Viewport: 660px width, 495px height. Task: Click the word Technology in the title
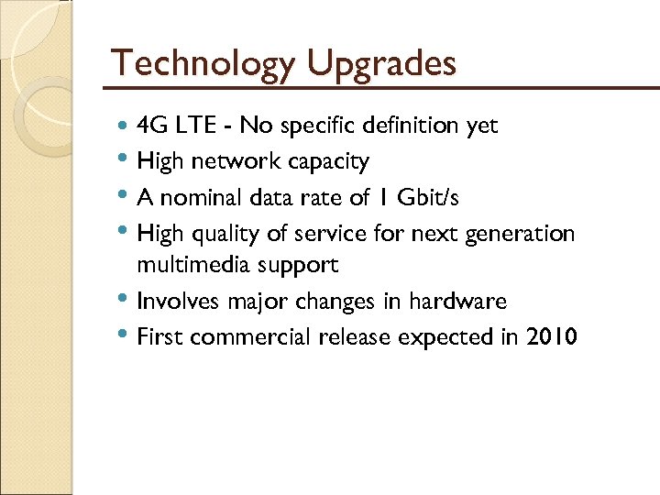coord(201,64)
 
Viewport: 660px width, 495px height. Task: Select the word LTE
coord(191,126)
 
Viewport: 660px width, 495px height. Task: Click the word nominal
coord(198,197)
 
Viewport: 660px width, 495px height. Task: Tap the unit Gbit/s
coord(434,197)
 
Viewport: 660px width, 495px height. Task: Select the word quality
coord(226,234)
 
